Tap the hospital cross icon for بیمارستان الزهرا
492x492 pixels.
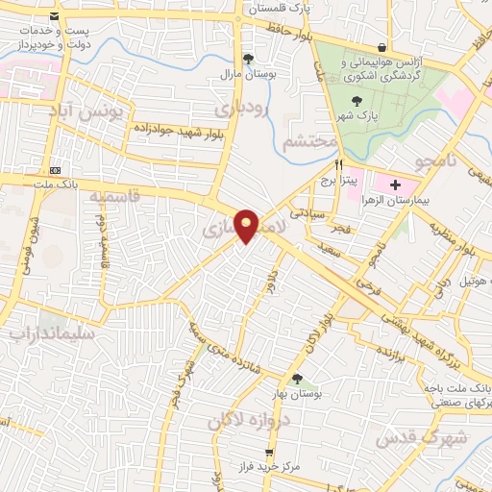tap(395, 183)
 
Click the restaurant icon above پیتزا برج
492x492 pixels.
tap(339, 164)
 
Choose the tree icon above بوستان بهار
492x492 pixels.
tap(297, 379)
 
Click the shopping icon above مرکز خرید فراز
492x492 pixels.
tap(269, 452)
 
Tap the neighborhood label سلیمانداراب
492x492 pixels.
tap(53, 335)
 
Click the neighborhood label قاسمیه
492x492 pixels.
tap(114, 196)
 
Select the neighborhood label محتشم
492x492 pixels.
tap(311, 142)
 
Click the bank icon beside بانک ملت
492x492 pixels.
tap(56, 160)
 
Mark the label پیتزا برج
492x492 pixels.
tap(338, 179)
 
